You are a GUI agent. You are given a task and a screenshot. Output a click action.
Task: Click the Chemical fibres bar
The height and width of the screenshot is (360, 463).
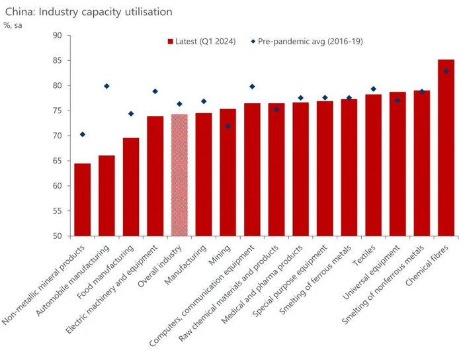click(x=446, y=147)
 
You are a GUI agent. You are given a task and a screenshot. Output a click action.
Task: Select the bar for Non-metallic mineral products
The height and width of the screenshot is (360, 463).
click(x=83, y=199)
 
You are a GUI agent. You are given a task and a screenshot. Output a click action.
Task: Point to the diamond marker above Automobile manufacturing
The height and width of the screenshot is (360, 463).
click(x=106, y=86)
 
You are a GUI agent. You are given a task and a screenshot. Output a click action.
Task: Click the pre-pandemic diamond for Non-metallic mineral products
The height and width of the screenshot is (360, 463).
click(x=83, y=134)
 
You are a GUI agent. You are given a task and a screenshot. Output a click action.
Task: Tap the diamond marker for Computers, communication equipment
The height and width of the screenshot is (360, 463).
click(x=252, y=87)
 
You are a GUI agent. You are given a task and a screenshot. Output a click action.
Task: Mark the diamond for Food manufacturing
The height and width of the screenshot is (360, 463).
click(x=131, y=114)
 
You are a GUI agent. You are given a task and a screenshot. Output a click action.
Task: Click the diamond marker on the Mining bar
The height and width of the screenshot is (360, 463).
click(x=228, y=126)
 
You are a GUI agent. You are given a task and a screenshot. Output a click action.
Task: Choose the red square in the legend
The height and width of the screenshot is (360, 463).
click(x=171, y=42)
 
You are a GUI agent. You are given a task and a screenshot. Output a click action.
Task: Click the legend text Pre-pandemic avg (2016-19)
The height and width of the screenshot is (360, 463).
click(x=310, y=42)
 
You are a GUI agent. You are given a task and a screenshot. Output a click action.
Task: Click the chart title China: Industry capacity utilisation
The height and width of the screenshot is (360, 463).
click(x=89, y=12)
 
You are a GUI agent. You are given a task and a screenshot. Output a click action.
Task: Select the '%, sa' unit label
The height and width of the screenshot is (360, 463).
click(x=14, y=25)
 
